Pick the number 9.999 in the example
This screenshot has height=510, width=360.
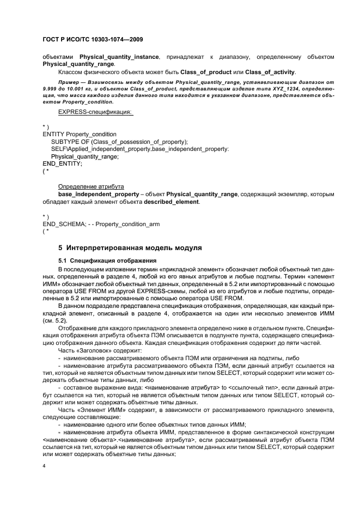tap(51, 89)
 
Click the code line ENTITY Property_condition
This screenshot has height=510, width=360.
tap(79, 133)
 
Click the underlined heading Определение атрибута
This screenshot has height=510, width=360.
tap(91, 186)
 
